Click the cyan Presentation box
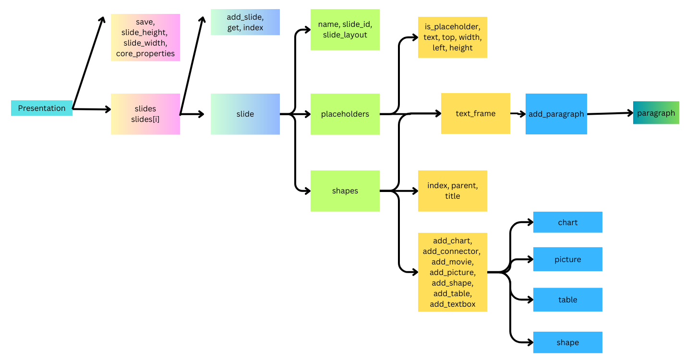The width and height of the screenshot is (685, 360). [x=42, y=108]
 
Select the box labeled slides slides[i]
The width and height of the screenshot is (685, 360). [x=145, y=114]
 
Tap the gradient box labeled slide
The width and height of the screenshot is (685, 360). [x=245, y=114]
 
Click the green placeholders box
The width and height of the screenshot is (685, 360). [x=345, y=114]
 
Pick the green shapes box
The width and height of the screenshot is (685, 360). [x=345, y=191]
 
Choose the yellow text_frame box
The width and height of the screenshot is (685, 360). [x=475, y=113]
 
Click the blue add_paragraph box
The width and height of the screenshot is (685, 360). [x=556, y=114]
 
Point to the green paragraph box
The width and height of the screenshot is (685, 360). [x=656, y=113]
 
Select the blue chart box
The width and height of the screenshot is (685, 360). [x=567, y=222]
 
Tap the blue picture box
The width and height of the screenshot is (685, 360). [x=567, y=259]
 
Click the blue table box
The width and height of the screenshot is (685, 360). [x=567, y=300]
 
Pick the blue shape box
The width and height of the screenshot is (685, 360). [x=567, y=342]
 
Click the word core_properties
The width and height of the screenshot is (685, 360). [x=145, y=53]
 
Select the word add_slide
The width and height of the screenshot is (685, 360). [x=245, y=17]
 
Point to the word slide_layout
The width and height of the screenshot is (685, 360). [x=345, y=35]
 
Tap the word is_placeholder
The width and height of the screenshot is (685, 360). [x=452, y=26]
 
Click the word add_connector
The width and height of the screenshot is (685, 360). [x=452, y=251]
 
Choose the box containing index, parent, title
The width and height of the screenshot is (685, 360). [x=452, y=191]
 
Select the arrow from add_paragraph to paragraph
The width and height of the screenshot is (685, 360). [x=610, y=113]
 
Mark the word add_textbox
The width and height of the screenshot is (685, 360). [x=452, y=304]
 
